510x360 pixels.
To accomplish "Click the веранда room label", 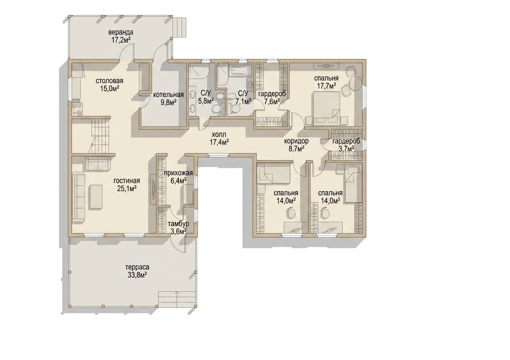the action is [x=121, y=32].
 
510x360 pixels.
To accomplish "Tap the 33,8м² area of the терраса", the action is [x=137, y=275].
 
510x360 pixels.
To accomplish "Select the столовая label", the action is [x=109, y=81].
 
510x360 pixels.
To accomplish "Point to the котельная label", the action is [x=168, y=95].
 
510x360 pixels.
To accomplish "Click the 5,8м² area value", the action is [x=206, y=100].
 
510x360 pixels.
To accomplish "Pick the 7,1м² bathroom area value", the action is [x=244, y=100].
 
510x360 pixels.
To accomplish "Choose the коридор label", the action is [x=296, y=141].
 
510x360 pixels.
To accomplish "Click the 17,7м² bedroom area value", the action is [x=327, y=86].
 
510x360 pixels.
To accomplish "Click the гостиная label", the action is [x=127, y=181].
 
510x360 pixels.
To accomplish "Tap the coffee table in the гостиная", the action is [x=96, y=197].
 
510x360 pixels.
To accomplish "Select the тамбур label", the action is [x=178, y=224].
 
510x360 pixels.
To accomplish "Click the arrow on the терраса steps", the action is [x=177, y=296].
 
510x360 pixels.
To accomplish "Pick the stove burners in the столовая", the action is [x=78, y=109].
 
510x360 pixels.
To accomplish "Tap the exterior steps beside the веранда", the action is [x=180, y=28].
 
